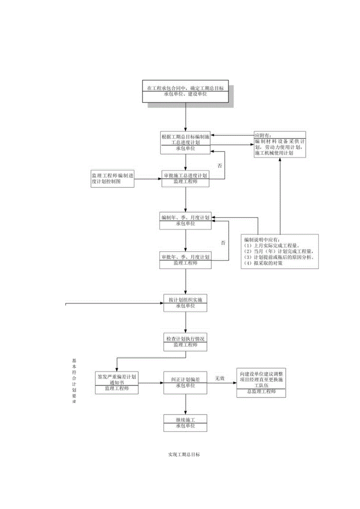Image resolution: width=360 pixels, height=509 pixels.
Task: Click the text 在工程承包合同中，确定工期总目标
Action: (185, 88)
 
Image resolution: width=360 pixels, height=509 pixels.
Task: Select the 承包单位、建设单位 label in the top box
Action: (185, 94)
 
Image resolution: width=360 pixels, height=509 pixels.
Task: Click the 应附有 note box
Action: (279, 144)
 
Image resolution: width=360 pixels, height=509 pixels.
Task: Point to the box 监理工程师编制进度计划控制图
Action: (112, 179)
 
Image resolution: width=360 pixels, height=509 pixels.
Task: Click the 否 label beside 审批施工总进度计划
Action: (220, 165)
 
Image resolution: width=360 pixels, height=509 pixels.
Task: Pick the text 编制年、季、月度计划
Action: (185, 217)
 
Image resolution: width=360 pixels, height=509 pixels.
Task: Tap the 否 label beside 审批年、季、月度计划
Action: (223, 243)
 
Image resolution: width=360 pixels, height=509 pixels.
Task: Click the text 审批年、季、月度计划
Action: (185, 257)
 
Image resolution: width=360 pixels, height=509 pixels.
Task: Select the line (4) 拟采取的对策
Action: (263, 263)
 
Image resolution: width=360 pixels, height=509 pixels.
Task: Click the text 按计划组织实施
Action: (185, 300)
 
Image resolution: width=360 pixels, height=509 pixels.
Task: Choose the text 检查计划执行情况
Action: (185, 338)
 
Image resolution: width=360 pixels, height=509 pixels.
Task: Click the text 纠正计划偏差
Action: (185, 380)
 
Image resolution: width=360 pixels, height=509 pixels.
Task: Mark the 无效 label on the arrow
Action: (220, 378)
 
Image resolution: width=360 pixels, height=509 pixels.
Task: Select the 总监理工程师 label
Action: (261, 392)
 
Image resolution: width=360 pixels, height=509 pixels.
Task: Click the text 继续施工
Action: (185, 420)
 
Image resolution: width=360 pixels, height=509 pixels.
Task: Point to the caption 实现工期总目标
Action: (184, 455)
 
